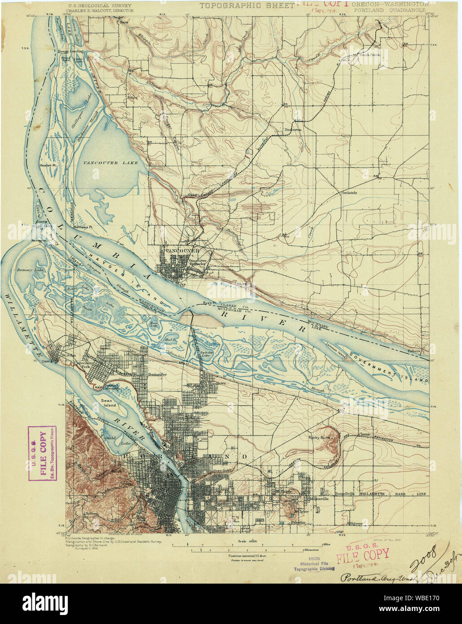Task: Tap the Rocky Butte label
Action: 320,437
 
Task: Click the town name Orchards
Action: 349,193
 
